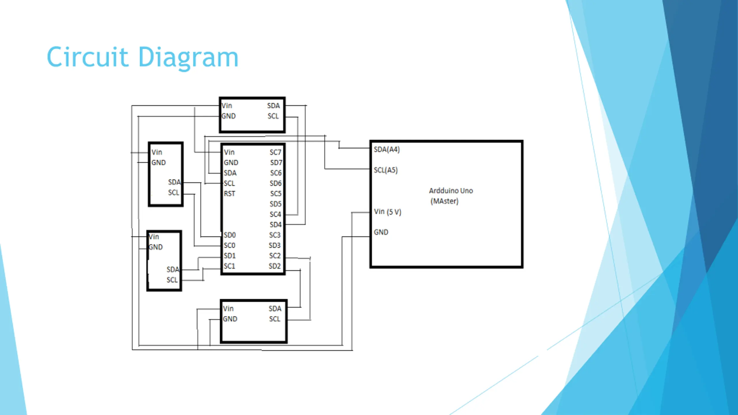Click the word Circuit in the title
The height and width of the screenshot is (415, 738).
pos(87,57)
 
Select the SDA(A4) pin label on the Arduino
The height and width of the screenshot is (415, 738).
pos(387,149)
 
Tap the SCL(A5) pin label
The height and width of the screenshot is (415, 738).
pos(386,170)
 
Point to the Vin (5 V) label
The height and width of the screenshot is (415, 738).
pos(387,212)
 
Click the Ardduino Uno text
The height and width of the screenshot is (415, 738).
pos(451,191)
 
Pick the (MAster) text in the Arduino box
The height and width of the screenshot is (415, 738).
pos(444,201)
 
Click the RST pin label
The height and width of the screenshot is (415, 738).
pos(229,194)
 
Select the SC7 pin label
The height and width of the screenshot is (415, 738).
pos(275,152)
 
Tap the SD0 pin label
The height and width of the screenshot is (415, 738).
pos(230,235)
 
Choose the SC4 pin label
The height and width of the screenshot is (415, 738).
pos(275,214)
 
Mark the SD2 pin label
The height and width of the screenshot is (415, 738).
pos(275,266)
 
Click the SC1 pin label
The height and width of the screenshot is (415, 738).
pos(229,266)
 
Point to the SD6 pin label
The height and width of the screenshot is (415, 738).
pos(276,183)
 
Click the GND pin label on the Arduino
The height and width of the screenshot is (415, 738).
pos(381,232)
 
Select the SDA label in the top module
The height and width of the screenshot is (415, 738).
pos(273,106)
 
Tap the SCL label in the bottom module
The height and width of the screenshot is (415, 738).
pos(275,319)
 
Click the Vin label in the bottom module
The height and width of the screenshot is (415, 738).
pos(228,309)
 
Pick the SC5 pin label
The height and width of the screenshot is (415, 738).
pos(276,194)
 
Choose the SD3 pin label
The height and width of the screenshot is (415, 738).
pos(275,245)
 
